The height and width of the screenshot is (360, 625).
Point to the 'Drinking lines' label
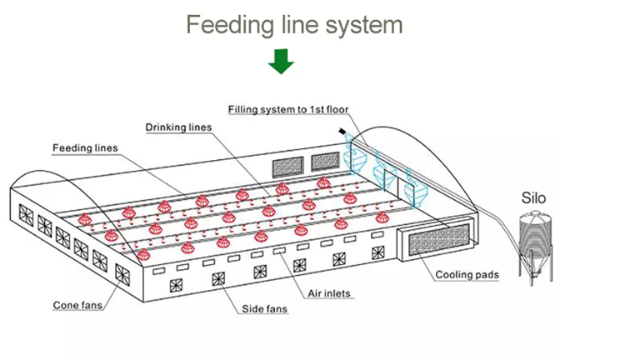tap(178, 127)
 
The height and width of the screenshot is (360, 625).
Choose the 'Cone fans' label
tap(78, 305)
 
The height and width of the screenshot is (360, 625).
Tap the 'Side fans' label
tap(265, 309)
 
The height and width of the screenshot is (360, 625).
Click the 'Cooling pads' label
tap(467, 274)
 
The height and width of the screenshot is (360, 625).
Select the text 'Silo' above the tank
tap(533, 198)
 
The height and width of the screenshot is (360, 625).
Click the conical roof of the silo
tap(533, 217)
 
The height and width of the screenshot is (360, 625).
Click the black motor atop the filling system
tap(342, 132)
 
